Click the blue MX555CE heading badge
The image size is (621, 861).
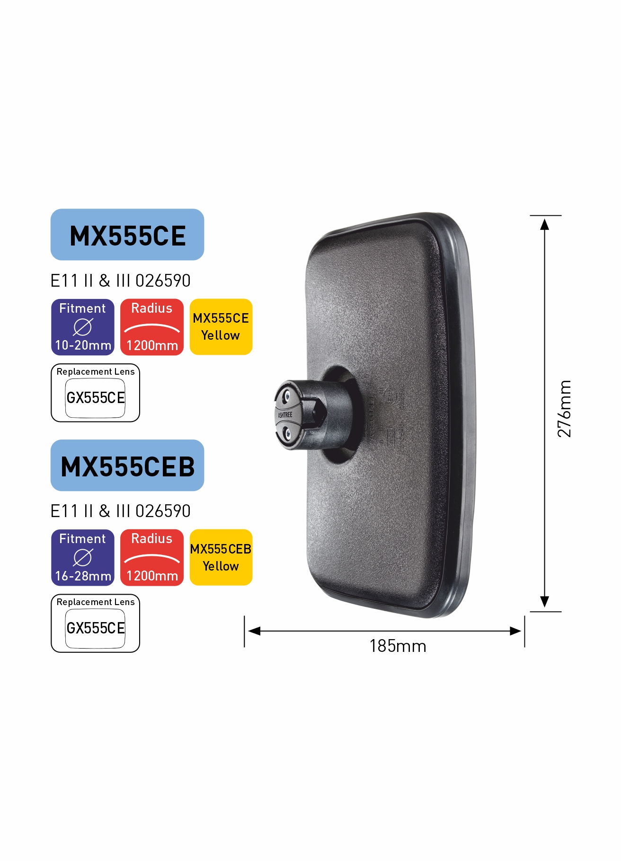[127, 235]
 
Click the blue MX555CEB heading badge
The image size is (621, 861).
[127, 466]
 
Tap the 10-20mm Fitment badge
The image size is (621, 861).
[83, 327]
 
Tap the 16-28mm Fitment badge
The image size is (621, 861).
[83, 557]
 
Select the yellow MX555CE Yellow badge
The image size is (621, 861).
[221, 327]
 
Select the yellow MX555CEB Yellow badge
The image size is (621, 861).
[221, 557]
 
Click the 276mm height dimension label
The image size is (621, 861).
[564, 409]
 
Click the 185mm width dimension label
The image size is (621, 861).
[398, 646]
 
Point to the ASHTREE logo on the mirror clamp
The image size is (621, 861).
[285, 415]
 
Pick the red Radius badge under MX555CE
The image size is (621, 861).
[152, 327]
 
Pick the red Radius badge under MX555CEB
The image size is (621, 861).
[152, 557]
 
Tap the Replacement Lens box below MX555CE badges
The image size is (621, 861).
[95, 393]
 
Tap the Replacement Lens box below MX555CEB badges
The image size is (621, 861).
[95, 623]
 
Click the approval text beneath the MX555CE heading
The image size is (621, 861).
[120, 281]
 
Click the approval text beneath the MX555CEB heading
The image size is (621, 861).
[120, 511]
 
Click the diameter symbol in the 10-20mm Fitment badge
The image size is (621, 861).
[83, 327]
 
